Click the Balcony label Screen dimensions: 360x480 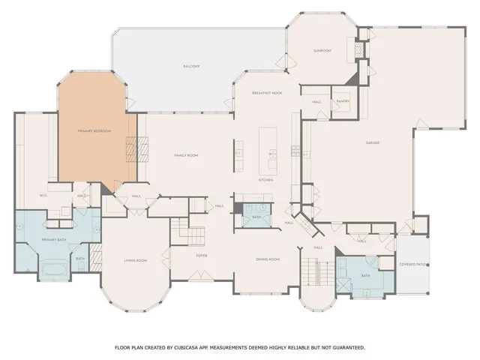191,67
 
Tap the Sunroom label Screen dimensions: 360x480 322,51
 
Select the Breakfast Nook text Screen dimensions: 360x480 266,91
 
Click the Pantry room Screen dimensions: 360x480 343,100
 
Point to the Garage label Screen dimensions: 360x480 372,142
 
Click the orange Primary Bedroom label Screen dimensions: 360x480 94,131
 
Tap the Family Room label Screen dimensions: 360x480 185,154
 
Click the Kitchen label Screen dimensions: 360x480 265,180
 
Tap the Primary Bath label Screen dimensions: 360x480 54,240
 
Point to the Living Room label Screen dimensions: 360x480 135,260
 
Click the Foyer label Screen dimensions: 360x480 202,255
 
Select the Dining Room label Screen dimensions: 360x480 268,259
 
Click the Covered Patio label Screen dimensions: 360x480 412,264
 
